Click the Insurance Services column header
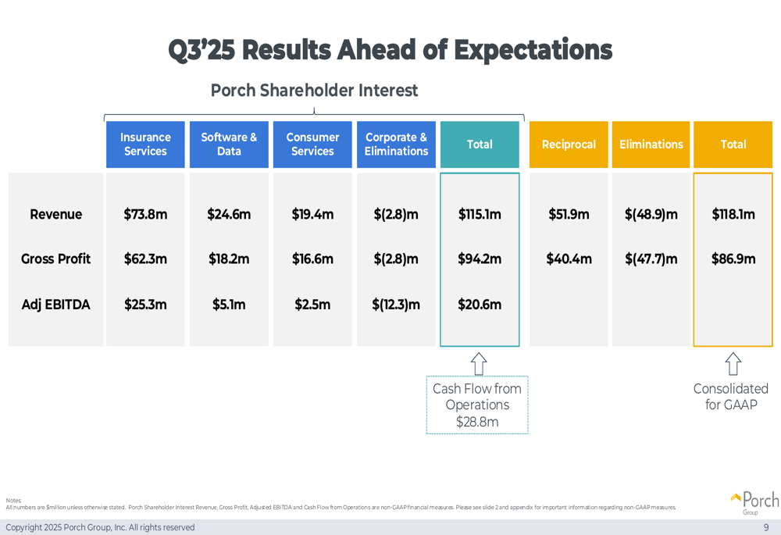coord(145,144)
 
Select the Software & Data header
coord(229,144)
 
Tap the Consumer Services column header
coord(312,144)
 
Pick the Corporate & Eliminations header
coord(396,144)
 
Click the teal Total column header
coord(480,144)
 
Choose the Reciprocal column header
coord(569,144)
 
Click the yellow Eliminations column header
coord(651,144)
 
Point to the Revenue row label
coord(55,214)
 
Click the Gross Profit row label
coord(55,259)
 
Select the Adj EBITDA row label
coord(55,305)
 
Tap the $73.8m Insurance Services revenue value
coord(145,214)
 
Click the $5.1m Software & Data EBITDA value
coord(229,305)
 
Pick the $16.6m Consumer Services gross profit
coord(312,259)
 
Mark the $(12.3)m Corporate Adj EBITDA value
coord(396,305)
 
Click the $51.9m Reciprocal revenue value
coord(569,214)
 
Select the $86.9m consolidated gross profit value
coord(733,259)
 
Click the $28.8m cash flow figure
coord(477,423)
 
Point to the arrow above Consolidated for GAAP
coord(733,364)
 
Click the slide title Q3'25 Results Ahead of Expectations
coord(390,50)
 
